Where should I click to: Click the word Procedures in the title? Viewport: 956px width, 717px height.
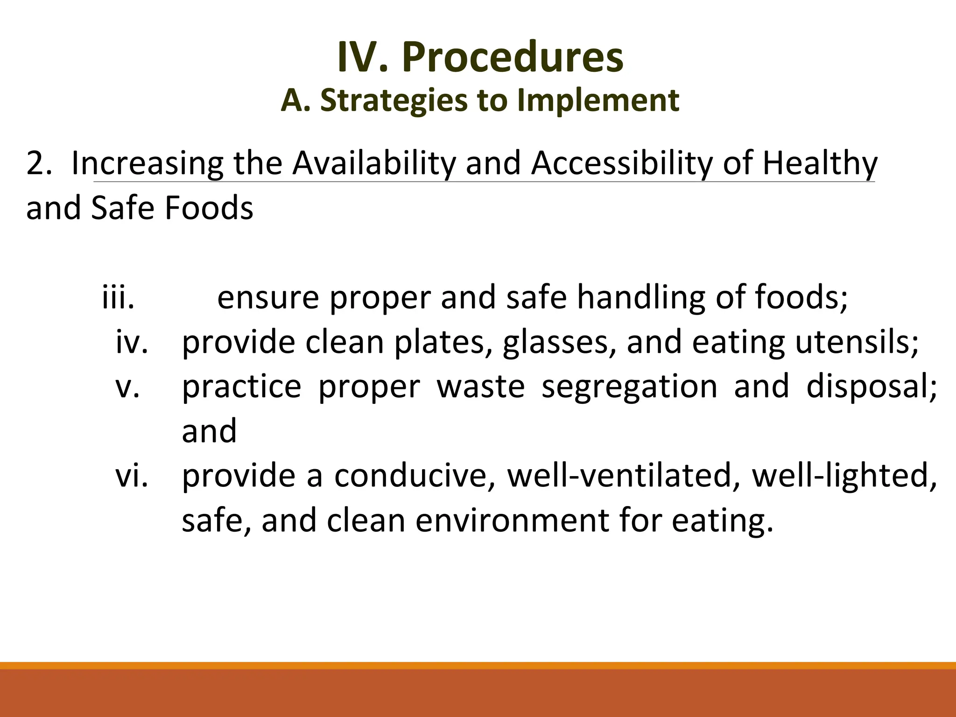pos(513,57)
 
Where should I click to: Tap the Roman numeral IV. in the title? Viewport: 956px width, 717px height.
pos(363,57)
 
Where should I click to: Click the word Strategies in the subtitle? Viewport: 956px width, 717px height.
pos(394,100)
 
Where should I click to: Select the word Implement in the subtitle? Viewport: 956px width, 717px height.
pos(598,100)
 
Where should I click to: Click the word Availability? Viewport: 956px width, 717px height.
pos(374,163)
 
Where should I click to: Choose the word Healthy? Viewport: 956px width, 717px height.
pos(820,163)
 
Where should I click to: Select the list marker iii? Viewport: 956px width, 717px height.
pos(118,297)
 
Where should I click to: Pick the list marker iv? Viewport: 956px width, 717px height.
pos(132,342)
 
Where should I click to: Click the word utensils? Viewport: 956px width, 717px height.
pos(857,342)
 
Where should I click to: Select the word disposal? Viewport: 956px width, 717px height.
pos(871,387)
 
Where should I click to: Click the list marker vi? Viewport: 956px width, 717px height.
pos(132,476)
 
